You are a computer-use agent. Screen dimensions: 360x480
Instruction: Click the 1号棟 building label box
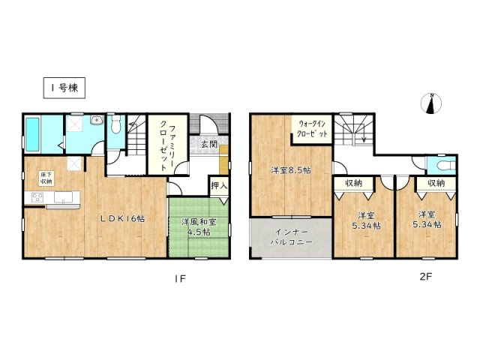pyautogui.click(x=63, y=88)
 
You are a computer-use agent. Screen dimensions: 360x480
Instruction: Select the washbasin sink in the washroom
pyautogui.click(x=95, y=122)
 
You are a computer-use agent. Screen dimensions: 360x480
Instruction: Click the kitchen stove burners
pyautogui.click(x=37, y=198)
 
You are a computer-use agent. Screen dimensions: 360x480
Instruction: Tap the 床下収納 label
pyautogui.click(x=46, y=178)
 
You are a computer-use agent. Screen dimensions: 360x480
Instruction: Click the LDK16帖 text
pyautogui.click(x=123, y=218)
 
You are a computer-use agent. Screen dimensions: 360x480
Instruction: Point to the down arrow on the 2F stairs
pyautogui.click(x=363, y=136)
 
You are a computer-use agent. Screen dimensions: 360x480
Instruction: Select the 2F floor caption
pyautogui.click(x=425, y=277)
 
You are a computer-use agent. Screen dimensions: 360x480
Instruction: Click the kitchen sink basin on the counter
pyautogui.click(x=63, y=198)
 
